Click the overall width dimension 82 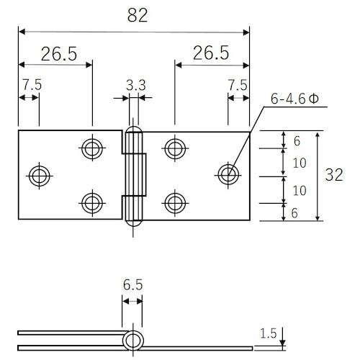[x=133, y=17]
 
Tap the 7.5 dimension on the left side [x=31, y=85]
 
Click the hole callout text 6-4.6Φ [x=294, y=99]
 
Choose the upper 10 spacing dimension [x=300, y=162]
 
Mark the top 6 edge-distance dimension [x=296, y=140]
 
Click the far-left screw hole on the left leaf [x=39, y=174]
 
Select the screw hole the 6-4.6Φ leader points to [x=228, y=174]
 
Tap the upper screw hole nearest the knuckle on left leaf [x=91, y=148]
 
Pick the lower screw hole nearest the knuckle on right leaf [x=174, y=201]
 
